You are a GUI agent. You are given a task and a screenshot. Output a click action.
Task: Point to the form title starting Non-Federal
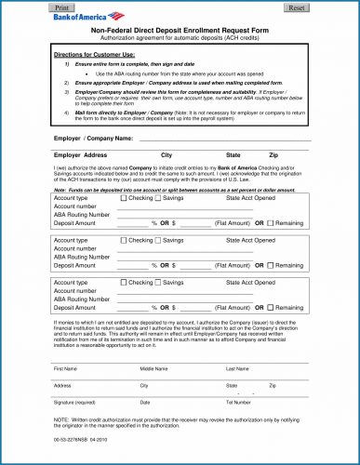[x=180, y=31]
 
